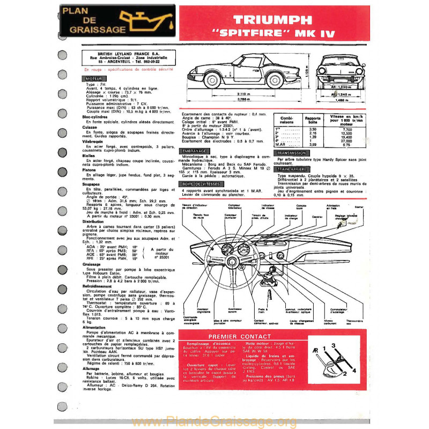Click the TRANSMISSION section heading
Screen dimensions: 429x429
291,153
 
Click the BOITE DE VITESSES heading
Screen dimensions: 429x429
201,184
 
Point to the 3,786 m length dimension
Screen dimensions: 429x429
243,100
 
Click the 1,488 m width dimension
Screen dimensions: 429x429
337,100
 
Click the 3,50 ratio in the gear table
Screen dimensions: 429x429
313,129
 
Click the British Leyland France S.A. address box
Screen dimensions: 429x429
125,58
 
